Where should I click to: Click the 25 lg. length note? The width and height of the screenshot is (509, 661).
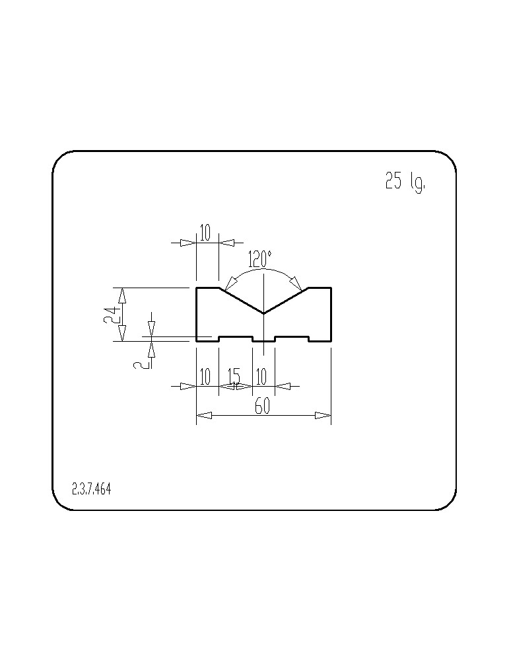click(x=405, y=182)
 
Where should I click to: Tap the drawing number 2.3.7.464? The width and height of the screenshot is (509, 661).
click(x=91, y=489)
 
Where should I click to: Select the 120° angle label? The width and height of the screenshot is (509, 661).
click(x=259, y=259)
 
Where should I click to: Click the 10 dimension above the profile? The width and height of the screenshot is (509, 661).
click(x=205, y=233)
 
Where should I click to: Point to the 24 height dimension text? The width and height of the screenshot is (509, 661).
click(x=110, y=314)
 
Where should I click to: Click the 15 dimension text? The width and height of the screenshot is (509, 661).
click(x=234, y=376)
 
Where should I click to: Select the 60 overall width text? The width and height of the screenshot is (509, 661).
click(x=262, y=407)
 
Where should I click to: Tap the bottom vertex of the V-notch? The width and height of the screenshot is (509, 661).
click(x=263, y=313)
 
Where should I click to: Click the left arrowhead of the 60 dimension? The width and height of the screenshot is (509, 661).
click(x=204, y=416)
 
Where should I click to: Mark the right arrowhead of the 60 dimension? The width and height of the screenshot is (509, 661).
click(x=323, y=416)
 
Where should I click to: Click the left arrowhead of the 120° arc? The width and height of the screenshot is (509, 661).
click(x=230, y=281)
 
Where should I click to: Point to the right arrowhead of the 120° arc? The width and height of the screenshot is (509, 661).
click(x=297, y=281)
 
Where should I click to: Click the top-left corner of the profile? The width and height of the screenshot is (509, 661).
click(x=197, y=288)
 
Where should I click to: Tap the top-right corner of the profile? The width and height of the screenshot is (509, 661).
click(x=331, y=288)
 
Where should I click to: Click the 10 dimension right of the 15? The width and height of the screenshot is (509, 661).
click(x=261, y=377)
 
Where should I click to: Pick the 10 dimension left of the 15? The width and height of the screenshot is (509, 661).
click(x=205, y=377)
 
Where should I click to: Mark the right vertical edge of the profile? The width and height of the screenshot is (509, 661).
click(x=331, y=314)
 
